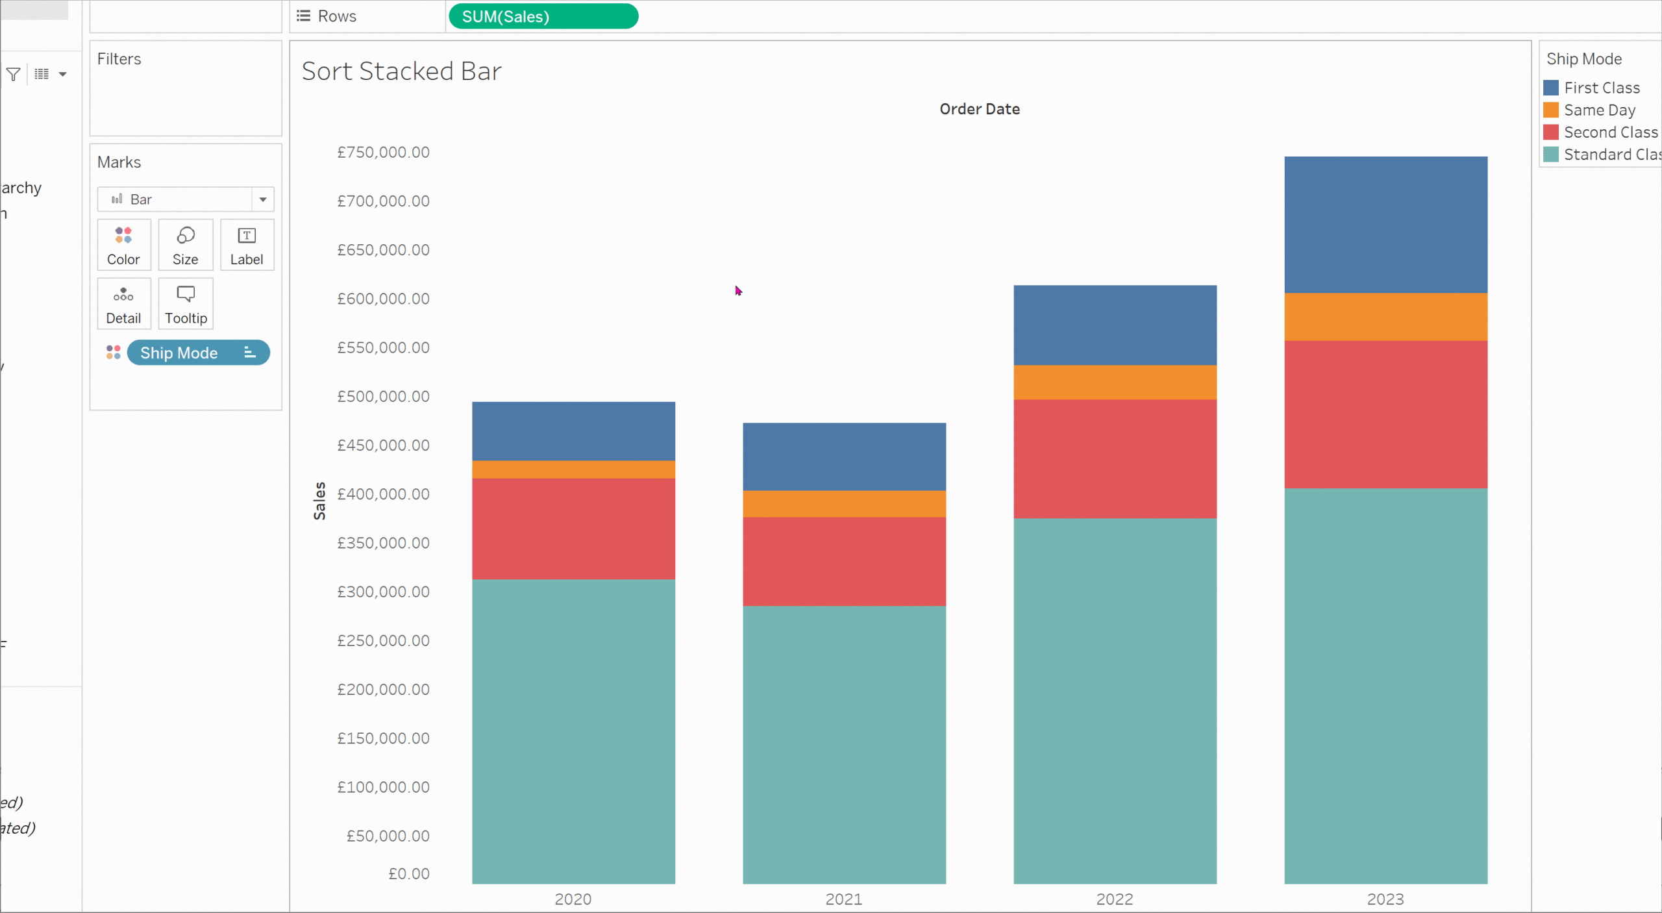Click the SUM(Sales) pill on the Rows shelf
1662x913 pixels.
pos(543,16)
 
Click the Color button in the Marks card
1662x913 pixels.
pos(123,245)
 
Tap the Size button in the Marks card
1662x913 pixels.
pos(185,245)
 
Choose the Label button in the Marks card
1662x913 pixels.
pos(247,245)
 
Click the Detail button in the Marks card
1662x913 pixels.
pos(123,304)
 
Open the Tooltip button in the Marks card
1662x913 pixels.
pos(186,304)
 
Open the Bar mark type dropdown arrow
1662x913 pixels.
pos(263,199)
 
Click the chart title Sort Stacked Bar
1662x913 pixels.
pos(401,71)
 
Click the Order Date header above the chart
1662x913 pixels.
pos(979,109)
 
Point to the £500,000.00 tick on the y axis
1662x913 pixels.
pos(383,397)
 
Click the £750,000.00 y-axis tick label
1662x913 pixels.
pos(383,153)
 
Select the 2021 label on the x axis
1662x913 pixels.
pos(843,899)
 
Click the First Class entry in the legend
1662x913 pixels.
pos(1601,88)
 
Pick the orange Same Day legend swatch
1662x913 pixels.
pos(1551,110)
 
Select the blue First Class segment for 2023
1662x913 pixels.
pos(1385,225)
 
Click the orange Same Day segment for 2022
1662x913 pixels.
pos(1115,382)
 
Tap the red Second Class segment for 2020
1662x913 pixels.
pos(573,529)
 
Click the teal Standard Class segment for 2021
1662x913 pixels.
pos(844,745)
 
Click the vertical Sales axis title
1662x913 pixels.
pos(319,501)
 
